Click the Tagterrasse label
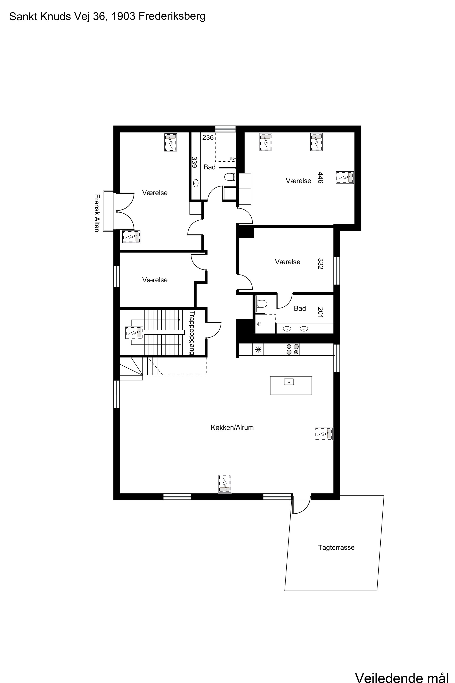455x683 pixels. pyautogui.click(x=336, y=547)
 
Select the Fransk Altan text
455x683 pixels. pyautogui.click(x=97, y=213)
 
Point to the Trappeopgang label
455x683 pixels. pyautogui.click(x=192, y=333)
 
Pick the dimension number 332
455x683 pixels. pyautogui.click(x=320, y=264)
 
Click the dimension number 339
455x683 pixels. pyautogui.click(x=195, y=162)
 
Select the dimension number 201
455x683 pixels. pyautogui.click(x=320, y=312)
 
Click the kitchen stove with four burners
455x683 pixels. pyautogui.click(x=292, y=349)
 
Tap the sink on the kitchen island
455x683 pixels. pyautogui.click(x=289, y=382)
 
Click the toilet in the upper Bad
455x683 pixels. pyautogui.click(x=230, y=177)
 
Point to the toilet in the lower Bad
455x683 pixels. pyautogui.click(x=262, y=304)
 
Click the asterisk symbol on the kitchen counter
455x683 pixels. pyautogui.click(x=258, y=350)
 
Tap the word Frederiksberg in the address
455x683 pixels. pyautogui.click(x=172, y=16)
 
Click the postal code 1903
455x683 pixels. pyautogui.click(x=124, y=16)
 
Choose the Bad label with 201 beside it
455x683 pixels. pyautogui.click(x=300, y=308)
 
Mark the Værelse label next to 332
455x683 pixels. pyautogui.click(x=288, y=262)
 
